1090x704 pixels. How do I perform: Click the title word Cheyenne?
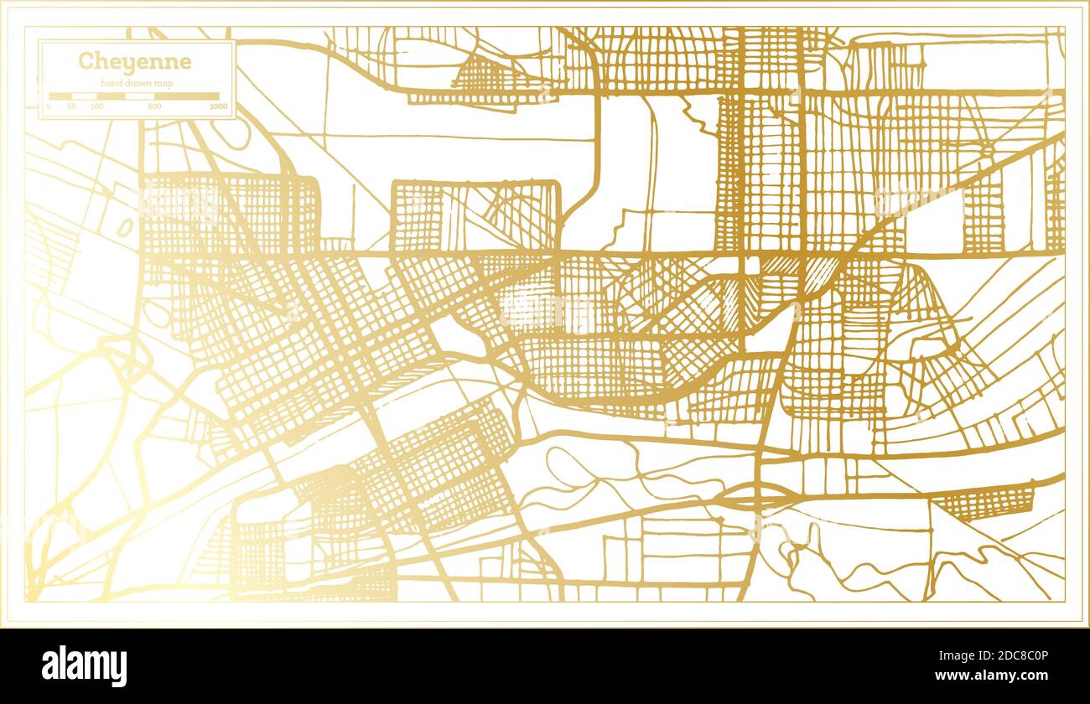[134, 62]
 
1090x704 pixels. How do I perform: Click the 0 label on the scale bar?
[49, 107]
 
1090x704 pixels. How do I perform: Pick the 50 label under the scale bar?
[72, 107]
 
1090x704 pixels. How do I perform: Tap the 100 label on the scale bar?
[96, 107]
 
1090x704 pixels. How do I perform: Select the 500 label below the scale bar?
[154, 107]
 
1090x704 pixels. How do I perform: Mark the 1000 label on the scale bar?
[218, 107]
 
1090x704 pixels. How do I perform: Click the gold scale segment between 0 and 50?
[60, 96]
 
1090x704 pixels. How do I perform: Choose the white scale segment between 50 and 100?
[85, 96]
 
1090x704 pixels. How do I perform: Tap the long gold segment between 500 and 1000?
[186, 96]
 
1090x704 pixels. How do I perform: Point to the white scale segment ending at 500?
[138, 96]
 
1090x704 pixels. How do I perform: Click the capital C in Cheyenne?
[86, 62]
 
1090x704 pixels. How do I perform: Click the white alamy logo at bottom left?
[84, 666]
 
